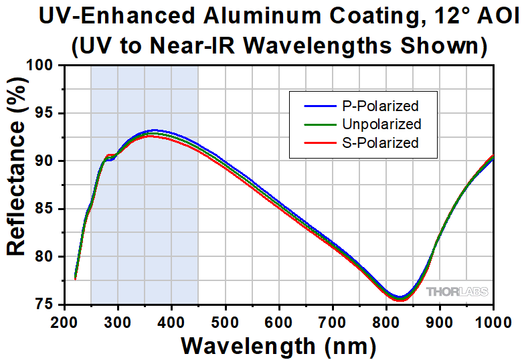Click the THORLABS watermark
[x=458, y=292]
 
